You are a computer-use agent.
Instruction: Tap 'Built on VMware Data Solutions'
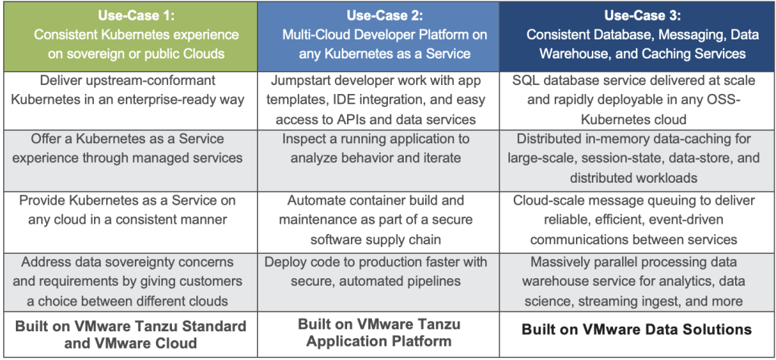pos(637,330)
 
